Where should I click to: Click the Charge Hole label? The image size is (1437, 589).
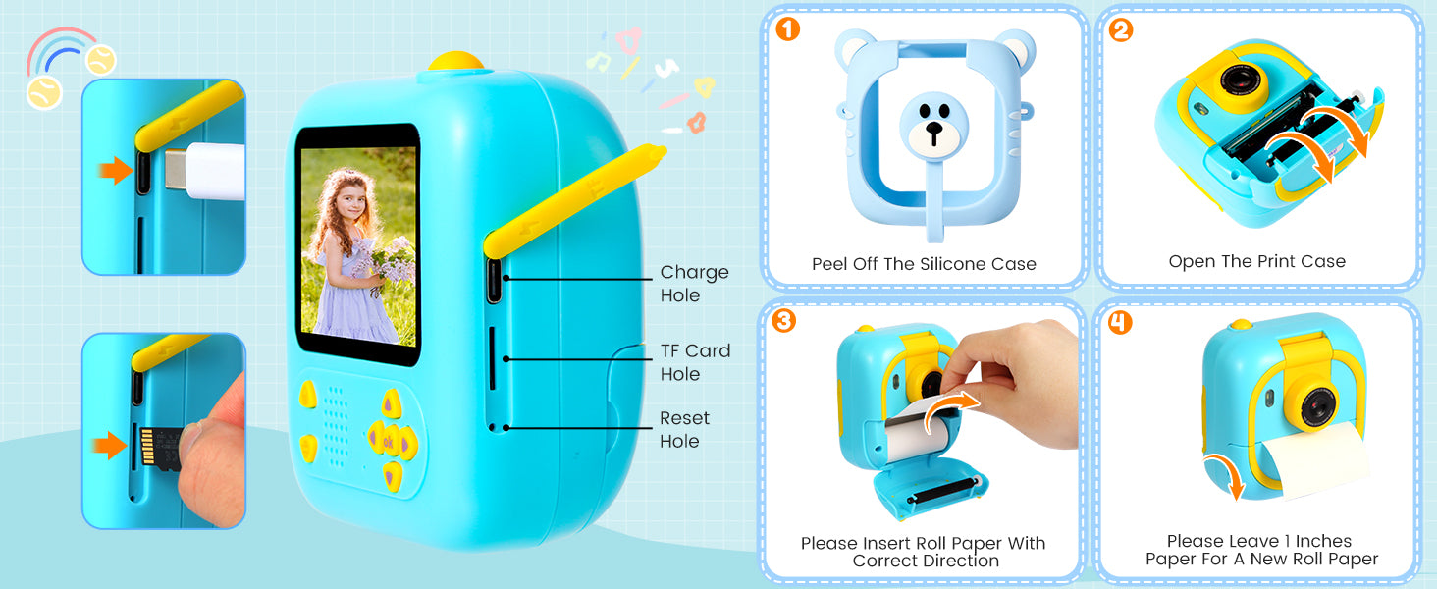[694, 284]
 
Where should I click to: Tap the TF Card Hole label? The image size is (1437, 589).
[695, 362]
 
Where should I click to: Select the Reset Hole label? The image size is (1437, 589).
[684, 429]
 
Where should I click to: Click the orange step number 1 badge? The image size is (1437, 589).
[788, 28]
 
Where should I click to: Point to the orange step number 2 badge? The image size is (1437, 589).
[1121, 29]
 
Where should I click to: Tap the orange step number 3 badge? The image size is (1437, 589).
[783, 320]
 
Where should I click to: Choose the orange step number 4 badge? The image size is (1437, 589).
[1119, 322]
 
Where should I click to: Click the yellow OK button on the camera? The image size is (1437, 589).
[389, 442]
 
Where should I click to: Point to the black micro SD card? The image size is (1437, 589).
[159, 450]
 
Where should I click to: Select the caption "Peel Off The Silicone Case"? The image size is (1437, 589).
[924, 264]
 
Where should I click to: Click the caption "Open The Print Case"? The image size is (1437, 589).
[1256, 262]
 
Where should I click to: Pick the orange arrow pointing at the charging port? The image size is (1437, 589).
[116, 170]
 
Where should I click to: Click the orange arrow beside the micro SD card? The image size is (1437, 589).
[109, 446]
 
